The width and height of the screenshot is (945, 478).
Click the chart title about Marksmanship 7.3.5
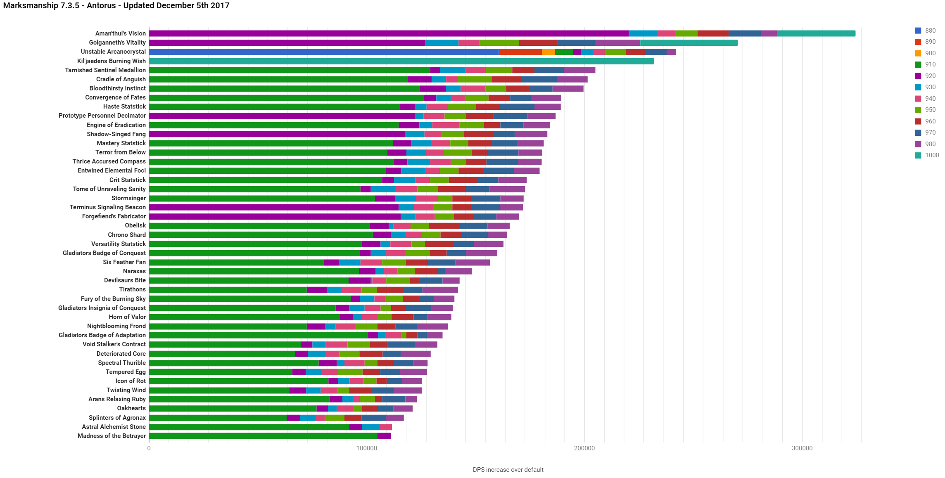tap(116, 6)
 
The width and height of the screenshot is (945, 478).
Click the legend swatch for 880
tap(918, 31)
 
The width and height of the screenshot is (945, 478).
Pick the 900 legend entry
tap(925, 53)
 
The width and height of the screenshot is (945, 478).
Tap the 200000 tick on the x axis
tap(584, 448)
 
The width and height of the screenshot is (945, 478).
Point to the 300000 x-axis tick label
tap(802, 448)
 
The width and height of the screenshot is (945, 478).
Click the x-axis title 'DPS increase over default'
tap(508, 470)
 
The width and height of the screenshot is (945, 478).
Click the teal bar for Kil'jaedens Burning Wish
tap(401, 61)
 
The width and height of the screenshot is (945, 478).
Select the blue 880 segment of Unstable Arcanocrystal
tap(324, 52)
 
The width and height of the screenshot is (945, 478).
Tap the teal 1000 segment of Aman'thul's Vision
tap(816, 33)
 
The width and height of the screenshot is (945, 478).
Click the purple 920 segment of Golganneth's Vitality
tap(287, 43)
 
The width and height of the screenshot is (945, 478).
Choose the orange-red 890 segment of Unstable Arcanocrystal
tap(520, 52)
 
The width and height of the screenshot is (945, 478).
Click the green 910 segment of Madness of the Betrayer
tap(263, 436)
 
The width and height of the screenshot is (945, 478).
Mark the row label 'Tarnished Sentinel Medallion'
tap(105, 70)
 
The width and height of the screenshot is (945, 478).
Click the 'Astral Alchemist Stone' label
tap(114, 427)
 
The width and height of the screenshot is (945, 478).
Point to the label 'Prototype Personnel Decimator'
tap(102, 116)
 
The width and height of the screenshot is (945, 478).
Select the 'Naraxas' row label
tap(134, 271)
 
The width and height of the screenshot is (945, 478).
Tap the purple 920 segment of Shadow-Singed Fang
tap(277, 134)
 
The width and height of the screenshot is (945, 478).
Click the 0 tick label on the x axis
tap(149, 448)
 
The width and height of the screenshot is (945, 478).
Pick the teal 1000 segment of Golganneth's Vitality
tap(689, 43)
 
